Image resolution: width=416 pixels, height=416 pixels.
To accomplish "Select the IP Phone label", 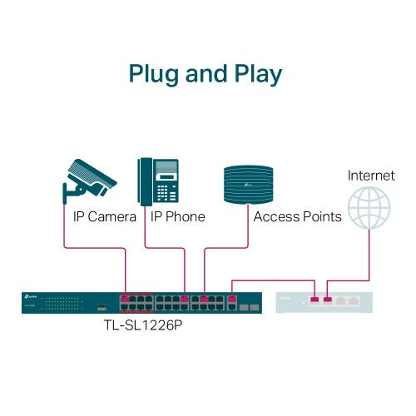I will [177, 216].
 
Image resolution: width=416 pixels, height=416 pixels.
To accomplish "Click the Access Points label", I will [297, 216].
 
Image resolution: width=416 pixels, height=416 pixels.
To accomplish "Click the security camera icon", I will [89, 179].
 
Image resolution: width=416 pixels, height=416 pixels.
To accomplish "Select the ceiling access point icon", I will [249, 183].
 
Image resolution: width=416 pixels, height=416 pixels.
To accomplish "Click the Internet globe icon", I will [369, 207].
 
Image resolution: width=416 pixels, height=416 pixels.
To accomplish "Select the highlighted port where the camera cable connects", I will [126, 297].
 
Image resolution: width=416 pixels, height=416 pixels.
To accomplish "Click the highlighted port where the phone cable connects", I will [185, 297].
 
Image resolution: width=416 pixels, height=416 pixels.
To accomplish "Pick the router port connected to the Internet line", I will [328, 299].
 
